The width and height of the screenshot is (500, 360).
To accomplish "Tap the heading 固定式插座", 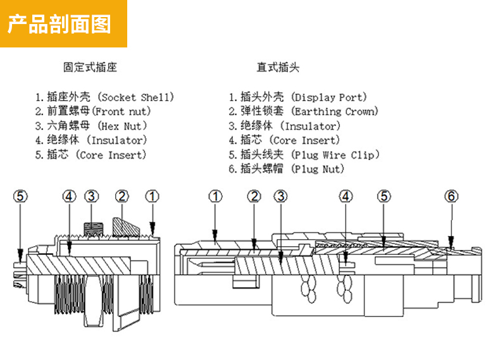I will coord(90,67).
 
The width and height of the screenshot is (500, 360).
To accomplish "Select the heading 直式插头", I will coord(278,67).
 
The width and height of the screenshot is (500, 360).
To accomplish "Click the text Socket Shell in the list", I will coord(137,97).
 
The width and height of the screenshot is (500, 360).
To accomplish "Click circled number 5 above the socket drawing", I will coord(21,197).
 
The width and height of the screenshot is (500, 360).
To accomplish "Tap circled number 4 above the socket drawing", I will coord(69,197).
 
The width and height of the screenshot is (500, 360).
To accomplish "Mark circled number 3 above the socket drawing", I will coord(93,197).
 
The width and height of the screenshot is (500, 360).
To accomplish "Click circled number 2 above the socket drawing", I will coord(122,197).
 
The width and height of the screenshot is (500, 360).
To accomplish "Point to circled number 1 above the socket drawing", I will coord(152,197).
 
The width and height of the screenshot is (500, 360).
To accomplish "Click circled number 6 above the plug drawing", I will coord(451,197).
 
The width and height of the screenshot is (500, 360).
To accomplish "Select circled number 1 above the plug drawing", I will coord(216,197).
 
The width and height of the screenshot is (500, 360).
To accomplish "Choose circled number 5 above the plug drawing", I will coord(384,197).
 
